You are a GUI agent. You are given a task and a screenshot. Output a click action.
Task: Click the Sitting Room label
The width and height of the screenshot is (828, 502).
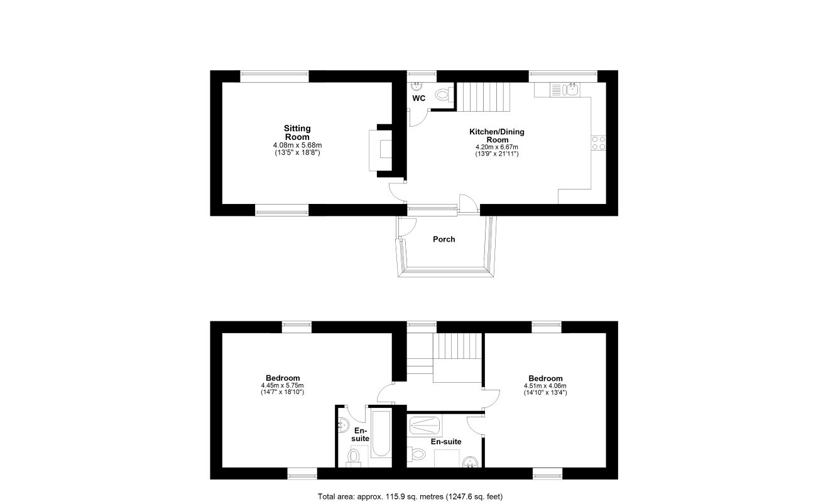(297, 132)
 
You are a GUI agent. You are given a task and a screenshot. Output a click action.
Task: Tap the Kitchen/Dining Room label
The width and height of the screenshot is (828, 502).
(497, 136)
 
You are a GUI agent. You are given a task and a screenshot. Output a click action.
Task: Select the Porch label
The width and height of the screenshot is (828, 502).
(444, 239)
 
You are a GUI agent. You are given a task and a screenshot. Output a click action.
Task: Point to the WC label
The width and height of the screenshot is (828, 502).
(419, 98)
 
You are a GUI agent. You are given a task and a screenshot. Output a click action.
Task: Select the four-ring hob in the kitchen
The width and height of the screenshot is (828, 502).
(599, 143)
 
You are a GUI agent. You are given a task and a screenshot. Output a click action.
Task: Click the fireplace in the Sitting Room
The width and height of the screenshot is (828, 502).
(381, 150)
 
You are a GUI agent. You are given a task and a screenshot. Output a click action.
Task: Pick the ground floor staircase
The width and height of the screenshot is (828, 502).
(484, 97)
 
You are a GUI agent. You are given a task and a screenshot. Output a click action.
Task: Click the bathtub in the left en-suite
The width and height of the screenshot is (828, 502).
(381, 433)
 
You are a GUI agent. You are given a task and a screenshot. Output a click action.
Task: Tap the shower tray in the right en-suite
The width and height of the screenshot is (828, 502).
(425, 425)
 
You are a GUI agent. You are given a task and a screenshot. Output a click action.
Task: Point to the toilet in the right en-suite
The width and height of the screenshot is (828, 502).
(416, 454)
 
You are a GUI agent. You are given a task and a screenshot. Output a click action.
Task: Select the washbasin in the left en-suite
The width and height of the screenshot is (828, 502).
(343, 424)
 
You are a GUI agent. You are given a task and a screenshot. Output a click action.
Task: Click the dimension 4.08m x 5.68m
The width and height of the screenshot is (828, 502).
(297, 145)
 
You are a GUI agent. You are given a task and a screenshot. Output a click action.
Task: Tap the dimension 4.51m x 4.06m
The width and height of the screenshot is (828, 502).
(545, 386)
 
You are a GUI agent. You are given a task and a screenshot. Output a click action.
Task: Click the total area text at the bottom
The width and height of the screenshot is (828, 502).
(410, 496)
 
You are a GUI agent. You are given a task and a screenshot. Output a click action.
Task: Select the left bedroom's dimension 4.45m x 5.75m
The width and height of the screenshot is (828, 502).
(282, 385)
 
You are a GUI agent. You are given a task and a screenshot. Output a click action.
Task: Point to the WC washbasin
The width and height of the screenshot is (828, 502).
(417, 87)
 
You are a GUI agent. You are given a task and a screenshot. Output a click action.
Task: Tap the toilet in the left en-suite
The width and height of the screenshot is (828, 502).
(354, 456)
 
